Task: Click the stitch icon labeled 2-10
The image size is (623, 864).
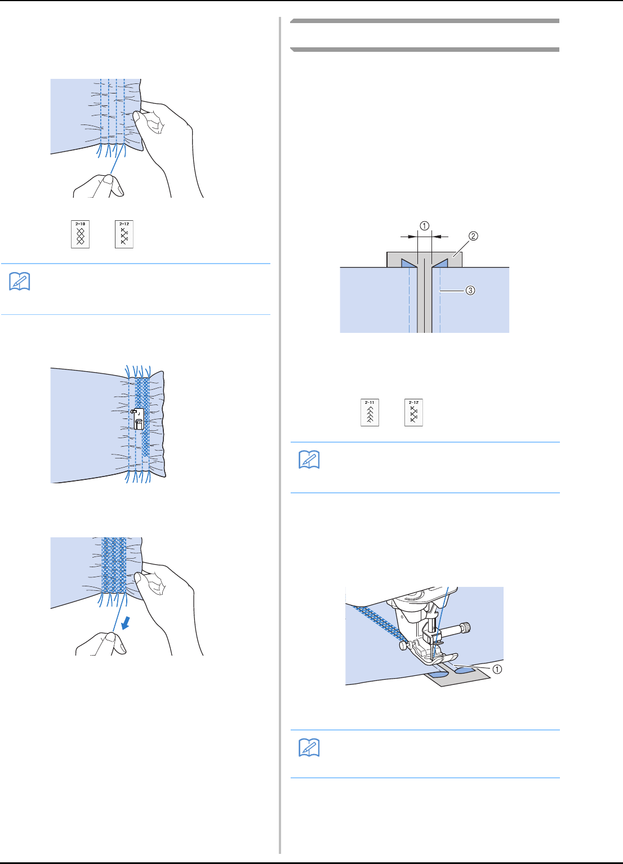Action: (80, 234)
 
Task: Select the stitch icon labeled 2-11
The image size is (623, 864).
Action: (370, 413)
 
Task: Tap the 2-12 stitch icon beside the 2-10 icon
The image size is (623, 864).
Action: (124, 234)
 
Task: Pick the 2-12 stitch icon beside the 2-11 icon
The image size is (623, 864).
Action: (413, 413)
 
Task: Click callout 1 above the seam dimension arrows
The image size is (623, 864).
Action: (424, 226)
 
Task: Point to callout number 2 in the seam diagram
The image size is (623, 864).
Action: (473, 236)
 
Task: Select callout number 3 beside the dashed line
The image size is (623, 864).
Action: (470, 291)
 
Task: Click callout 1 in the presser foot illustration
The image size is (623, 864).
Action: (497, 670)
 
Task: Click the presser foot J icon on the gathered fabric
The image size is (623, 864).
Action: (138, 419)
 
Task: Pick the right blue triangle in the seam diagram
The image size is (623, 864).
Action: (440, 262)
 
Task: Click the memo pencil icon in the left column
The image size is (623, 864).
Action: (20, 282)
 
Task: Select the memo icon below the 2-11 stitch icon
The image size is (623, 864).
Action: (309, 460)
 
